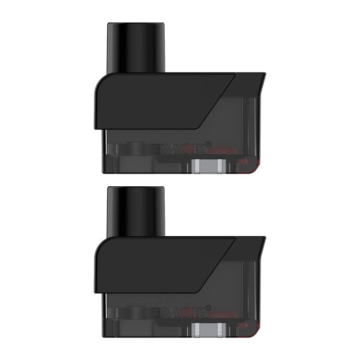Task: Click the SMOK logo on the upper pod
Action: click(x=178, y=148)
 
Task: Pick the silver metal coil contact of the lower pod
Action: click(x=207, y=331)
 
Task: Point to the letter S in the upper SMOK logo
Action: click(x=156, y=148)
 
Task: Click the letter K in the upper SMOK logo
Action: click(x=200, y=148)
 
